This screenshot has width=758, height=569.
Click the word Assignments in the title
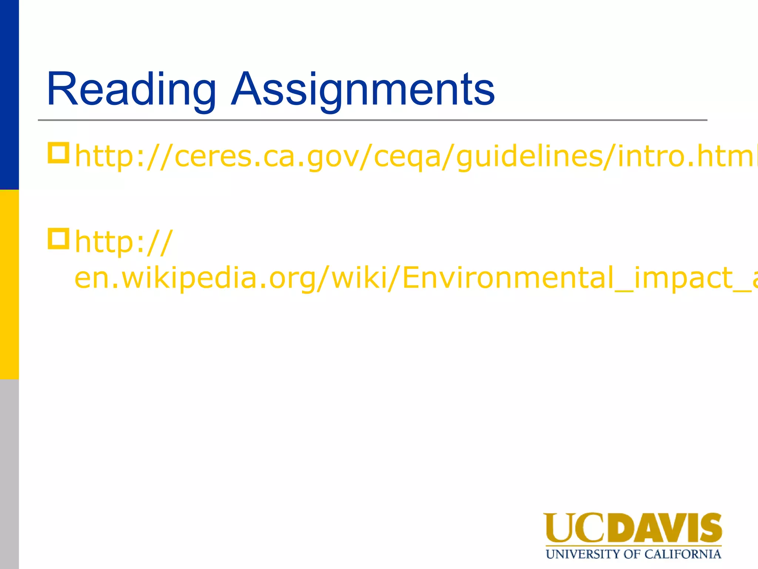click(363, 90)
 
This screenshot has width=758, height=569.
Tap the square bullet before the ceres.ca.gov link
click(58, 153)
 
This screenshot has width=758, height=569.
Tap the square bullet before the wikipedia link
click(58, 239)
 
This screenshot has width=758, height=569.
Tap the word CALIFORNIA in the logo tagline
click(682, 555)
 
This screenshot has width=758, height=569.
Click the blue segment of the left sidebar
click(9, 95)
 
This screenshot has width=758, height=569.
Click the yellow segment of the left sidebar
click(9, 284)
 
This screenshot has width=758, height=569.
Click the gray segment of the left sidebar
click(9, 474)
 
